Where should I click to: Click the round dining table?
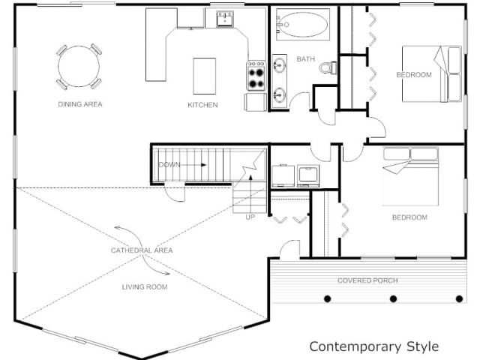point(79,67)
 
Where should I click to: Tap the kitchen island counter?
point(205,76)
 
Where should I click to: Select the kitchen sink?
point(225,19)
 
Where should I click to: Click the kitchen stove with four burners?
point(256,76)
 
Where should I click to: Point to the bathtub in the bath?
point(303,24)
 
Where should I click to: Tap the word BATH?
point(305,59)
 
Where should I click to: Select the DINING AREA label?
point(80,104)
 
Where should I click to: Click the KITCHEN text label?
point(202,105)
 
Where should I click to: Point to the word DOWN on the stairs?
point(169,165)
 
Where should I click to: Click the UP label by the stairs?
point(250,217)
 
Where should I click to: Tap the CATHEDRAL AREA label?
point(142,250)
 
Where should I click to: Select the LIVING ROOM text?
point(145,287)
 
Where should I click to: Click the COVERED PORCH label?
point(367,280)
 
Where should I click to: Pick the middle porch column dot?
point(393,298)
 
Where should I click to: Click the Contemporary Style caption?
point(374,346)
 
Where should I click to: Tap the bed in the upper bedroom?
point(432,74)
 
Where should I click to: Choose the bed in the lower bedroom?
point(410,177)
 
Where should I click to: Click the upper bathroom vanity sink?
point(279,65)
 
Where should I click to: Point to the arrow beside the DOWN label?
point(194,165)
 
